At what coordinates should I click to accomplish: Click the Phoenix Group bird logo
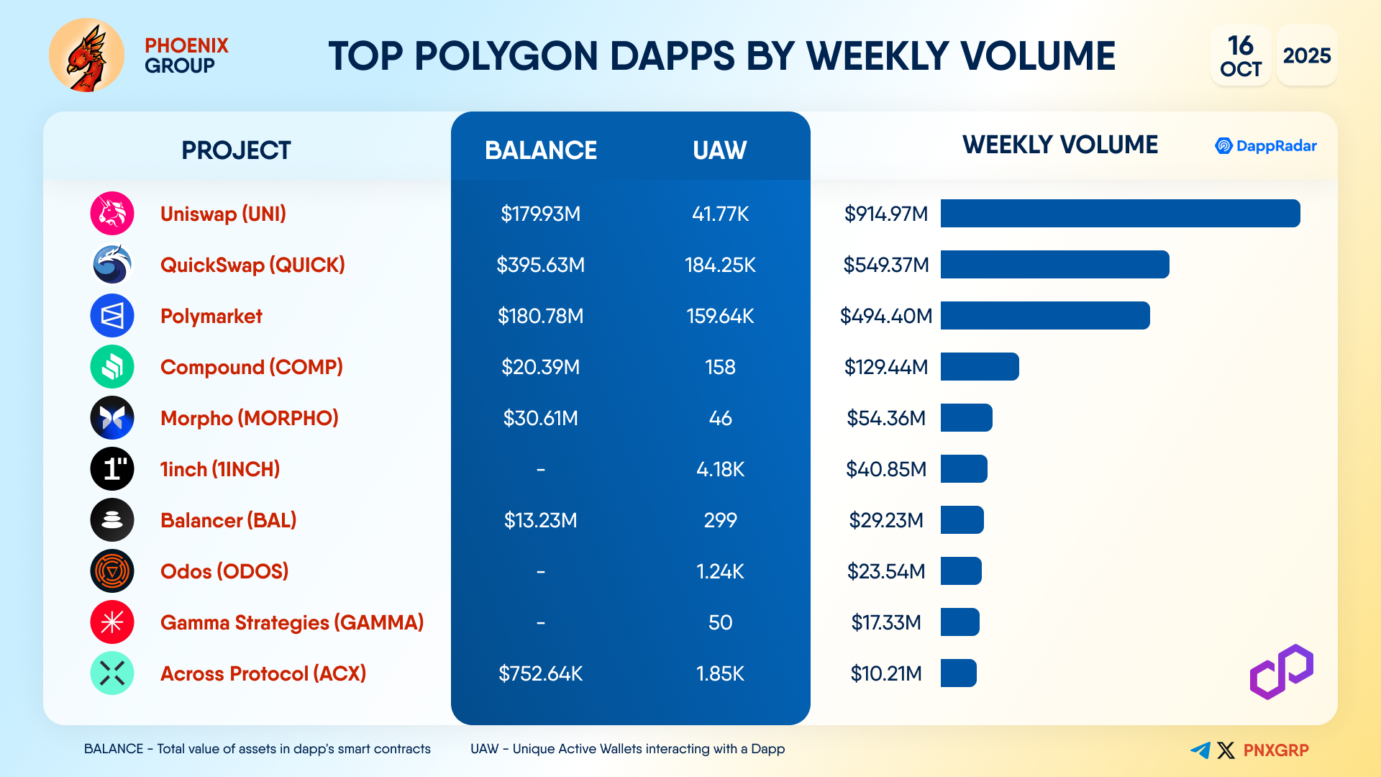[86, 55]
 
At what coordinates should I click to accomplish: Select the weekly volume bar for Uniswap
[1119, 214]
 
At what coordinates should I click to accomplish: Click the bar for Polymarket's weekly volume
[1044, 316]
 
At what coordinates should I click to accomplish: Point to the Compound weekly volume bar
[979, 367]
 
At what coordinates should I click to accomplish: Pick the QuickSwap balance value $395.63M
[540, 265]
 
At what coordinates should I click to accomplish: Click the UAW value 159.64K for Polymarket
[720, 316]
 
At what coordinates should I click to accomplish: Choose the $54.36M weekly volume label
[885, 418]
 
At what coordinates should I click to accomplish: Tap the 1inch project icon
[112, 469]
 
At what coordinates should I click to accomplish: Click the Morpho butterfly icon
[112, 418]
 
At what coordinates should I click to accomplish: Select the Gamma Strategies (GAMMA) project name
[291, 622]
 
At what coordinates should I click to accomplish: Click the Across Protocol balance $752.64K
[540, 673]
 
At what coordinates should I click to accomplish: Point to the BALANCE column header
[540, 150]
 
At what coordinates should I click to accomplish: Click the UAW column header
[719, 150]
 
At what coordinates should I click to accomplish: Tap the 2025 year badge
[1306, 56]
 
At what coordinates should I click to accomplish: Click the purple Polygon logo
[1281, 672]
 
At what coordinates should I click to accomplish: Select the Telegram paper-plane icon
[1200, 750]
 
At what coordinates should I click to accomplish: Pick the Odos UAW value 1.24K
[720, 571]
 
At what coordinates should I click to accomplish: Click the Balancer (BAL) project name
[228, 520]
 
